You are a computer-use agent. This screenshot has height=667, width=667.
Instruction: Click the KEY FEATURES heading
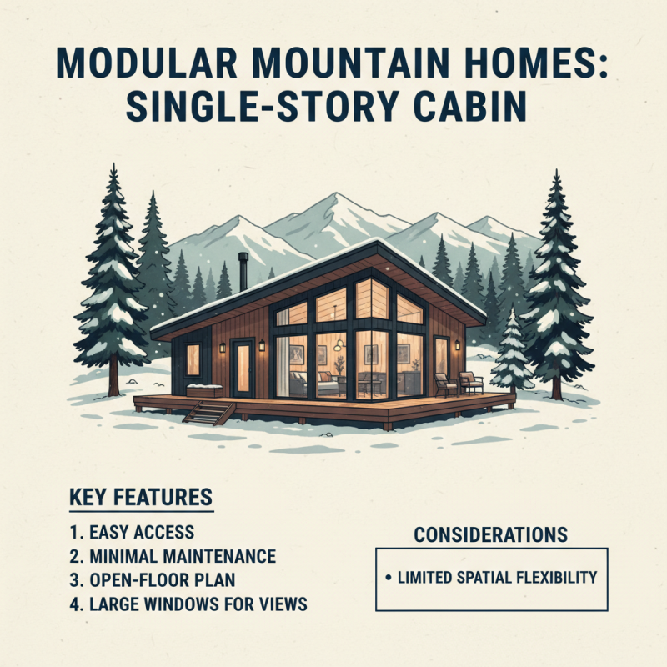point(140,499)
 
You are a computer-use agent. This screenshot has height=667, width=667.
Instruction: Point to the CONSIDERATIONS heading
point(491,534)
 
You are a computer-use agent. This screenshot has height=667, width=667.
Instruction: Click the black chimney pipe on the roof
point(243,271)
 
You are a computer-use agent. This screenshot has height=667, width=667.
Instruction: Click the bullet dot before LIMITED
point(390,577)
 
